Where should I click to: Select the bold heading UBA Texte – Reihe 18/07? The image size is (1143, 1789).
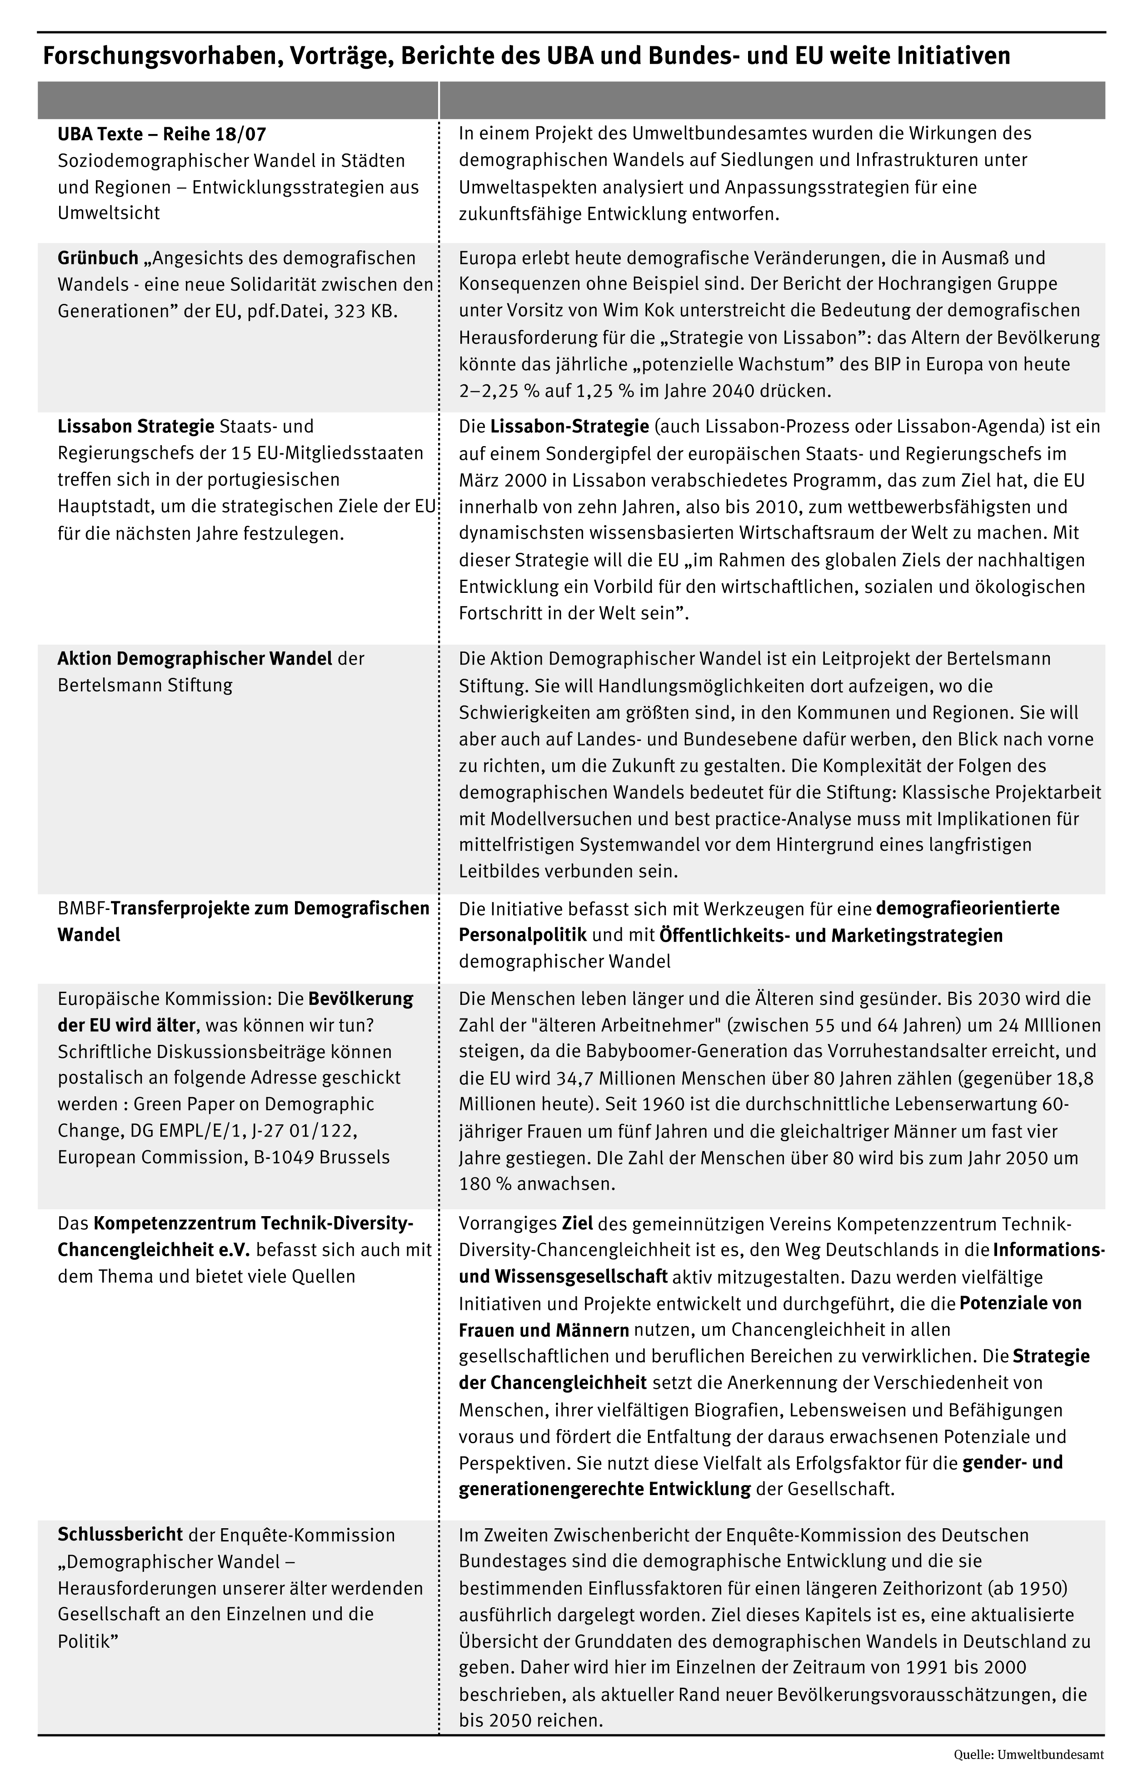pos(162,134)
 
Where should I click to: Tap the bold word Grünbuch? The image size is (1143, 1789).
pos(98,258)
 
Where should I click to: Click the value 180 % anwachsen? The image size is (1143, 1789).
pos(537,1184)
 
